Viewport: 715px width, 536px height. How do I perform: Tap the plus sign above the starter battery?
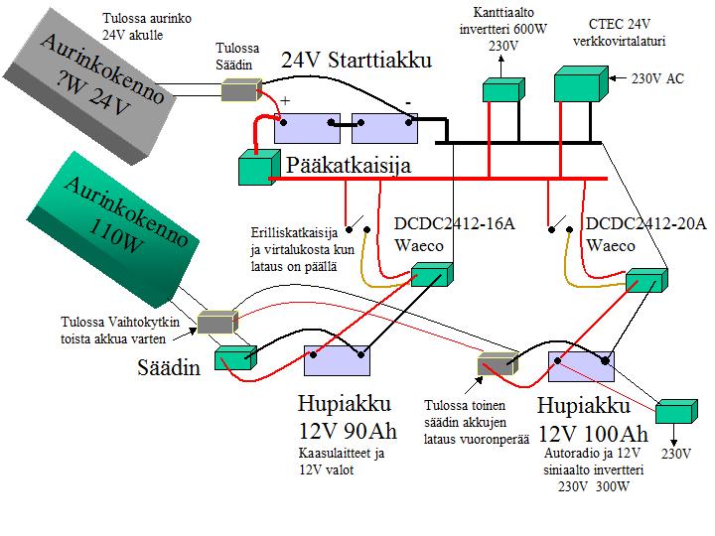tap(285, 101)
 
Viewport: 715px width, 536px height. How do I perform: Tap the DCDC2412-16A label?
tap(455, 224)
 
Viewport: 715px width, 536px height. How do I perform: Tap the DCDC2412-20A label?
tap(645, 224)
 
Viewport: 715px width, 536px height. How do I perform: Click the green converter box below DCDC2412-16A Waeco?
tap(432, 275)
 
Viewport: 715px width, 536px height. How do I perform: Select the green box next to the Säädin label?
tap(235, 356)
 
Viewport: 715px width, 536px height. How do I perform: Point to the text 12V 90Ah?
tap(346, 433)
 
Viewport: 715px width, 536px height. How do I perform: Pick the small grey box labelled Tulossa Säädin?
tap(239, 90)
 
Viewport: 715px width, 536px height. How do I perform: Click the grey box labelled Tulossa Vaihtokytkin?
tap(216, 322)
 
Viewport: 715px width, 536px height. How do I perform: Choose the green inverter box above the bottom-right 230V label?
tap(679, 414)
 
